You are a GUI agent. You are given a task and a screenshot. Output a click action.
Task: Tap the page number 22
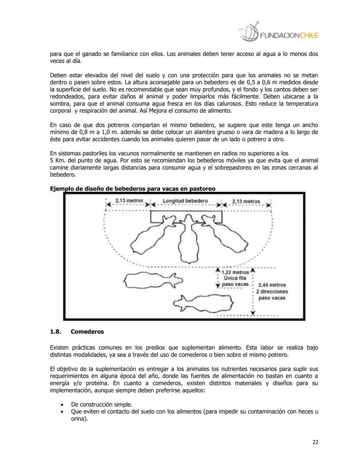(x=315, y=442)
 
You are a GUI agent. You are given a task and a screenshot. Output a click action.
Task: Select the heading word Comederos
(x=87, y=332)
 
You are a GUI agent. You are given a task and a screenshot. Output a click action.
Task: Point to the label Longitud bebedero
(x=185, y=201)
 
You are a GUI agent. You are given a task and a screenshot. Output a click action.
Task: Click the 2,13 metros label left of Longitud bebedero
(x=129, y=201)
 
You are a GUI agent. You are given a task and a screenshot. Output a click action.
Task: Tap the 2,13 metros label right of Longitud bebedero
(x=246, y=201)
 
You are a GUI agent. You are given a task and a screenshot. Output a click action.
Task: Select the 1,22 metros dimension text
(x=235, y=272)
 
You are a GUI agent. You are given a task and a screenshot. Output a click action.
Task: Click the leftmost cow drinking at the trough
(x=155, y=235)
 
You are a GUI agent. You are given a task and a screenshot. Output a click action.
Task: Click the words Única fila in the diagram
(x=235, y=278)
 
